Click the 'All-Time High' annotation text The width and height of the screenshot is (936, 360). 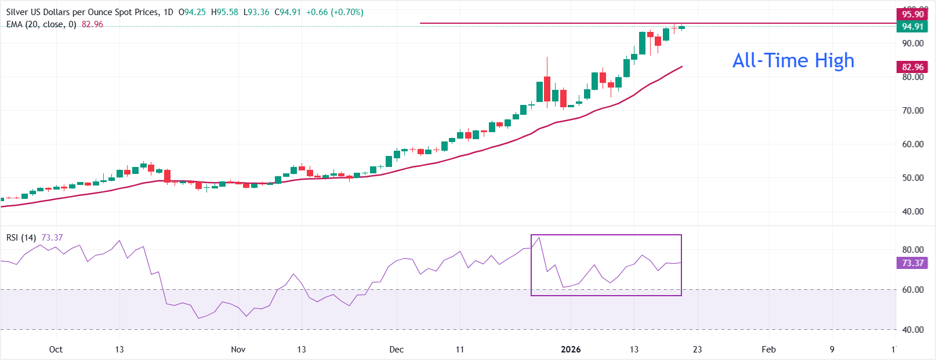pyautogui.click(x=793, y=60)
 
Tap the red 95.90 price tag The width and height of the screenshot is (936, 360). pyautogui.click(x=912, y=14)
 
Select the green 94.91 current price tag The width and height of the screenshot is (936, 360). pyautogui.click(x=912, y=27)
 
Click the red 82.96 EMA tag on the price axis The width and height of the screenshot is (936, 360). pyautogui.click(x=912, y=67)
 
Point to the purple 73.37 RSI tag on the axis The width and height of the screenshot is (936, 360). pyautogui.click(x=912, y=263)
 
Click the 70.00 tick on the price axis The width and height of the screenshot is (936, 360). pyautogui.click(x=912, y=111)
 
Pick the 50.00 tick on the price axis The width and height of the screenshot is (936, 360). pyautogui.click(x=912, y=178)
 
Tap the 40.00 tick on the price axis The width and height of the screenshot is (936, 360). pyautogui.click(x=912, y=212)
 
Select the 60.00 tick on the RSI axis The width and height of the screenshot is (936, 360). pyautogui.click(x=912, y=290)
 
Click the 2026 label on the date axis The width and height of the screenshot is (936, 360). pyautogui.click(x=571, y=350)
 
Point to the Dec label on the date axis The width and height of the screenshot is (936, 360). pyautogui.click(x=397, y=350)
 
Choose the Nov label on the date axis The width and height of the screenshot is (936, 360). pyautogui.click(x=238, y=350)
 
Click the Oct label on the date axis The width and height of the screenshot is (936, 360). pyautogui.click(x=56, y=350)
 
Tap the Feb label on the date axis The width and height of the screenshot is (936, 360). pyautogui.click(x=768, y=350)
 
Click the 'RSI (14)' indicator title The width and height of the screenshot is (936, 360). pyautogui.click(x=21, y=238)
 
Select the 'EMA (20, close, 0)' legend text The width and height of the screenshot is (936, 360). pyautogui.click(x=41, y=24)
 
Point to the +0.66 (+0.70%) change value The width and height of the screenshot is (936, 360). pyautogui.click(x=335, y=12)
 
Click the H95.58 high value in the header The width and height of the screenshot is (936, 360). pyautogui.click(x=224, y=12)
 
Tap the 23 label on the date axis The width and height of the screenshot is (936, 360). pyautogui.click(x=697, y=350)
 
